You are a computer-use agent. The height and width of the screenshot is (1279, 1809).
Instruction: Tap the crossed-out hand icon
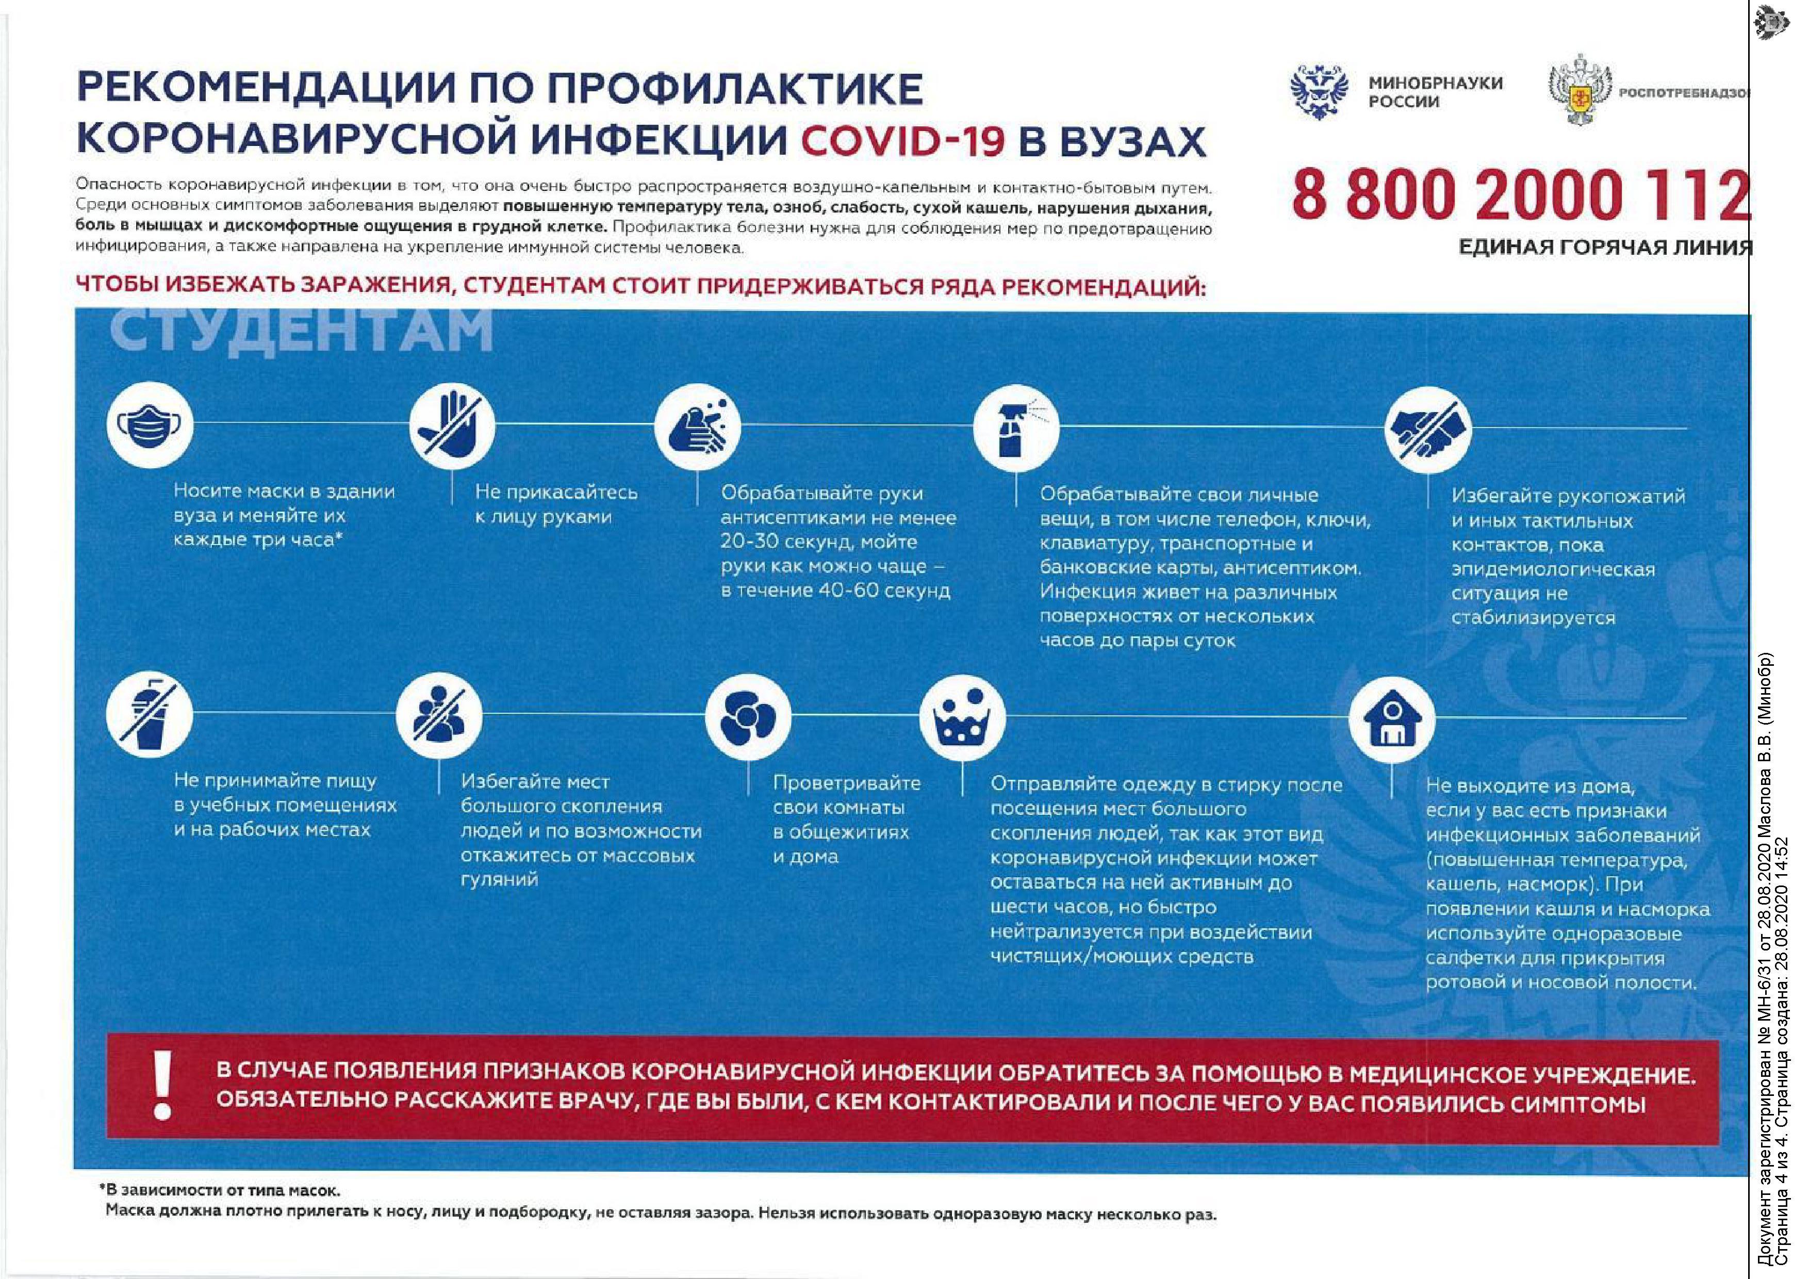coord(451,425)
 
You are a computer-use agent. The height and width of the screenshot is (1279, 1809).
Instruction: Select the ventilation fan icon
coord(748,716)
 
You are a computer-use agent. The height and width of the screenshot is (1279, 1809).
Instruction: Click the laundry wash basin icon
coord(962,718)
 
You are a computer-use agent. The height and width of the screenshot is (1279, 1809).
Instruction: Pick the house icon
coord(1391,719)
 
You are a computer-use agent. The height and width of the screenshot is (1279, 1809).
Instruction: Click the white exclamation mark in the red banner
coord(162,1087)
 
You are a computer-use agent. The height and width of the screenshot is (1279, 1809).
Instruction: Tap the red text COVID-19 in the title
coord(903,142)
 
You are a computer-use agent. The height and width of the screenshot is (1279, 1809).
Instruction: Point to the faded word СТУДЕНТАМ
coord(301,330)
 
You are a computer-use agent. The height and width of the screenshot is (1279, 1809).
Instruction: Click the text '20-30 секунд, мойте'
coord(818,542)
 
